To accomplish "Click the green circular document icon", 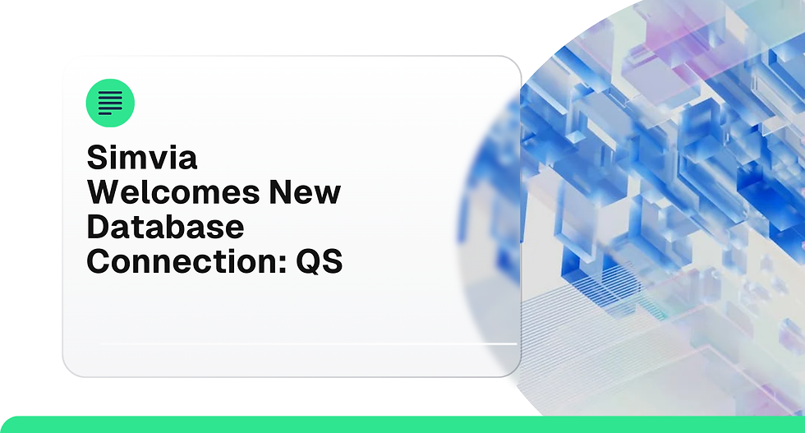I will (110, 103).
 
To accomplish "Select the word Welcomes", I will (172, 192).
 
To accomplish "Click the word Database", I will (165, 227).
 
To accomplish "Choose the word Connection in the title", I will (182, 261).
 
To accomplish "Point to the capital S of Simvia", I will (97, 158).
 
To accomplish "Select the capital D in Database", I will (98, 227).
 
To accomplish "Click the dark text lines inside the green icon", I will (110, 104).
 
